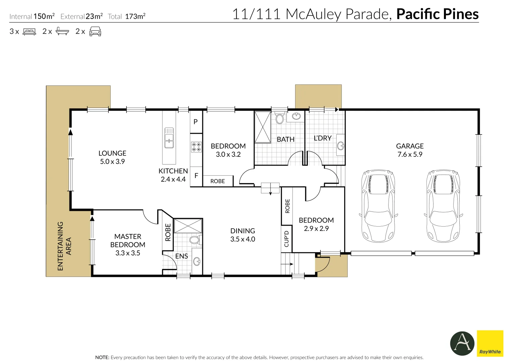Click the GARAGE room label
tap(410, 146)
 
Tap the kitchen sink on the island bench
tap(169, 138)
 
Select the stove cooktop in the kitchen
tap(196, 147)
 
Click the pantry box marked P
tap(196, 122)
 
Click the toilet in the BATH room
tap(279, 118)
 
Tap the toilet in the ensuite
tap(195, 240)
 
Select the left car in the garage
tap(378, 206)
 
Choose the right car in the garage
tap(443, 206)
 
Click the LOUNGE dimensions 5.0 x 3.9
tap(112, 162)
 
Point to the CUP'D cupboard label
tap(287, 239)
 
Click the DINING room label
tap(243, 231)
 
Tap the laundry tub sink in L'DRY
tap(341, 145)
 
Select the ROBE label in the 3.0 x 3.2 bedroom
tap(217, 181)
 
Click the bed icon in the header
tap(29, 31)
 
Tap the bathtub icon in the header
tap(62, 31)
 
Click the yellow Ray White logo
tap(490, 343)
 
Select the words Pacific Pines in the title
tap(438, 14)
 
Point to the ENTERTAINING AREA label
tap(64, 246)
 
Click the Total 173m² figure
tap(126, 16)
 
